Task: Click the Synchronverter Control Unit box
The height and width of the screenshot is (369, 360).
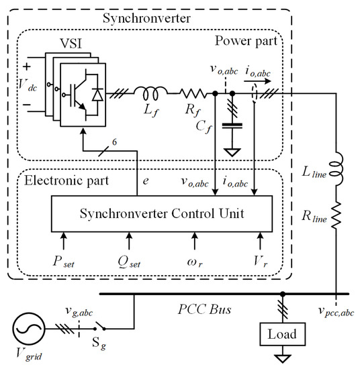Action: tap(162, 215)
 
